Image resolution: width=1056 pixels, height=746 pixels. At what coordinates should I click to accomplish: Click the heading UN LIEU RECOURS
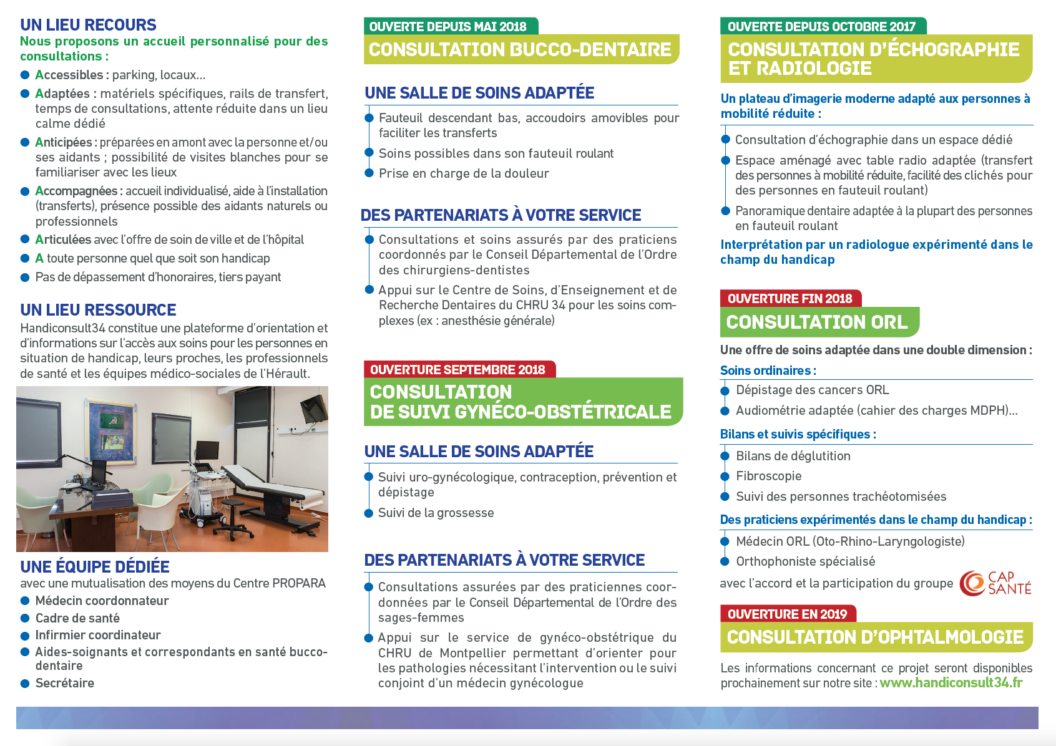(88, 25)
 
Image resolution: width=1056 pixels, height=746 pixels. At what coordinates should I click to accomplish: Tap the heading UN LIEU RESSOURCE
(98, 310)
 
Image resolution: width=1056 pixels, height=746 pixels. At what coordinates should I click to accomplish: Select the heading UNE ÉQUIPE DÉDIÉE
(95, 567)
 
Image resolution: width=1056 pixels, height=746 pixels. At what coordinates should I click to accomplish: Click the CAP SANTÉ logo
(995, 583)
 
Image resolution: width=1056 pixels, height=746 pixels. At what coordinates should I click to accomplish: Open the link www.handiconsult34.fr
(951, 683)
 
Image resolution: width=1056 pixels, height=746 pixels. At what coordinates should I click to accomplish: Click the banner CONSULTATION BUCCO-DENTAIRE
(520, 49)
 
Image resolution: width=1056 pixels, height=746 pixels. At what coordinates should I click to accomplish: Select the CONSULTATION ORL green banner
(817, 322)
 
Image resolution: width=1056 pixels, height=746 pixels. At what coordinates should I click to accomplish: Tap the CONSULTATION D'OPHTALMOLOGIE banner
(875, 637)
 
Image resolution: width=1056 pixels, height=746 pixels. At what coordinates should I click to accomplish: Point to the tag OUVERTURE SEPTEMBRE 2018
(457, 370)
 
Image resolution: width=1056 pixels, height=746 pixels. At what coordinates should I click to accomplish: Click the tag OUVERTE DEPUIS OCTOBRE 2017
(821, 27)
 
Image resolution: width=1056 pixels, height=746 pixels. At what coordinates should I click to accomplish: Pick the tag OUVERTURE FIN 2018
(790, 299)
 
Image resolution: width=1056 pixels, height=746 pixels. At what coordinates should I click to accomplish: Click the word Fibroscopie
(768, 476)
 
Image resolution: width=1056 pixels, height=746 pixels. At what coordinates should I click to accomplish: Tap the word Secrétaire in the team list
(65, 683)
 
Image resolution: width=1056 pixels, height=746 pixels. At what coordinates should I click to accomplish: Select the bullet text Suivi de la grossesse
(436, 513)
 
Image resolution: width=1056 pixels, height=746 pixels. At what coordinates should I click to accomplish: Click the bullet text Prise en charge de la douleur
(464, 173)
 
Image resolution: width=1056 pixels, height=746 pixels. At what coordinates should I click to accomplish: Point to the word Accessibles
(69, 75)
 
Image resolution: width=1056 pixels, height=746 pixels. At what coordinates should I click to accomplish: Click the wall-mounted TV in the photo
(313, 407)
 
